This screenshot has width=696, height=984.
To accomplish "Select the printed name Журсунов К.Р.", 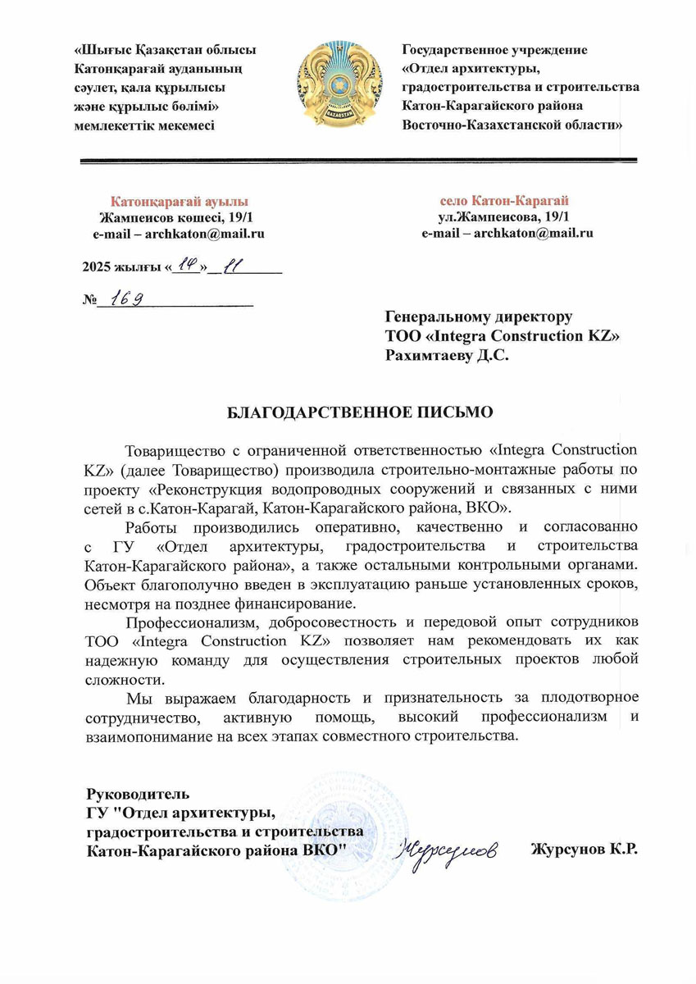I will coord(585,850).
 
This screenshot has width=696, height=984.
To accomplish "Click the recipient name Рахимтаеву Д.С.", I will coord(447,355).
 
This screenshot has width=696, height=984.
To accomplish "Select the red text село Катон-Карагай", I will coord(504,201).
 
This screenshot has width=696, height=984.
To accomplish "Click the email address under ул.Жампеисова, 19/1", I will coord(507,234).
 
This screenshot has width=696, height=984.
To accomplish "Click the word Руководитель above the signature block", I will coord(139,794).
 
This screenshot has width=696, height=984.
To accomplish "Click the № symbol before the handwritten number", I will coord(89,300).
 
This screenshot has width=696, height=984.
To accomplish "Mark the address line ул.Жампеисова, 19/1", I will coord(503,217).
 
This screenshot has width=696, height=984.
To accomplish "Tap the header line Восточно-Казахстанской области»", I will coord(512,125).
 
